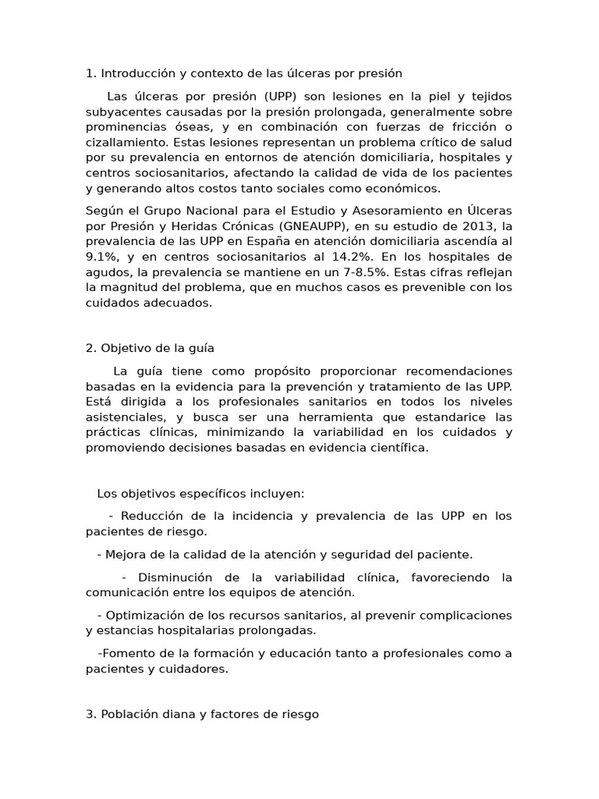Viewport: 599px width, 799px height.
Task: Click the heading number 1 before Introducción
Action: (x=89, y=74)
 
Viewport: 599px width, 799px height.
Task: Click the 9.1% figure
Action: (x=100, y=257)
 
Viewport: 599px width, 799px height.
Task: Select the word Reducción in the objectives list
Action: (x=152, y=516)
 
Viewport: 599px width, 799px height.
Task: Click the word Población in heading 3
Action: (x=129, y=714)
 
